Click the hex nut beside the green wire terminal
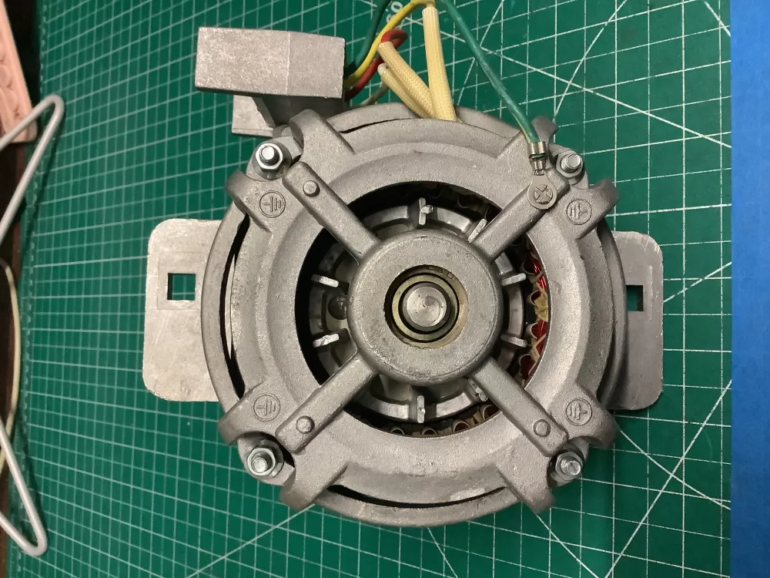point(571,163)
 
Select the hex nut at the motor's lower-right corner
point(568,464)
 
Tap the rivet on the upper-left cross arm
point(310,188)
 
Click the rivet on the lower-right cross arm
point(542,428)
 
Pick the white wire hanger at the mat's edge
point(23,308)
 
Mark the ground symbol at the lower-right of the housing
point(579,410)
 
